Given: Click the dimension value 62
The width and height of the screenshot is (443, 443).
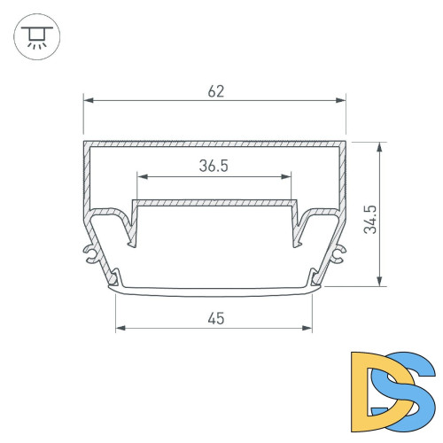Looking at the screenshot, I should click(214, 91).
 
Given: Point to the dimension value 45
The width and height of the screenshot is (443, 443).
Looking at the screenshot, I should click(214, 317).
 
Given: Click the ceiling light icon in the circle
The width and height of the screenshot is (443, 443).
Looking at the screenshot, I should click(35, 36).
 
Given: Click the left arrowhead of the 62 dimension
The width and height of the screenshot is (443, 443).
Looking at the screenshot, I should click(87, 101).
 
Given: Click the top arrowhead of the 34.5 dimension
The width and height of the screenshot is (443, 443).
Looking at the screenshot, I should click(380, 144).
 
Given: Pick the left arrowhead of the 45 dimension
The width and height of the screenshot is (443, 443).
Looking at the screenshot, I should click(120, 328).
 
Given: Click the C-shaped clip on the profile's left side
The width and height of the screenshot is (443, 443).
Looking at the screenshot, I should click(90, 255).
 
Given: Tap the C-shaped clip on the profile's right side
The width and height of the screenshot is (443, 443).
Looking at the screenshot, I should click(338, 255).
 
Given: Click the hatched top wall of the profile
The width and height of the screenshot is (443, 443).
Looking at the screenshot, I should click(214, 143).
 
